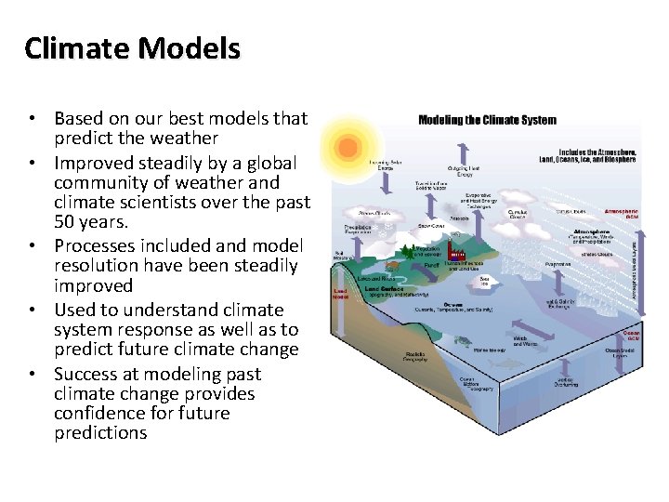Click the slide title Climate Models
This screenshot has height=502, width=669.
pyautogui.click(x=132, y=47)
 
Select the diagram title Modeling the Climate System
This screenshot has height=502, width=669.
pyautogui.click(x=487, y=120)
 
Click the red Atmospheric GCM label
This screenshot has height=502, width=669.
pyautogui.click(x=621, y=214)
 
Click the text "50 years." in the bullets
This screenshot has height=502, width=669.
pyautogui.click(x=91, y=223)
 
